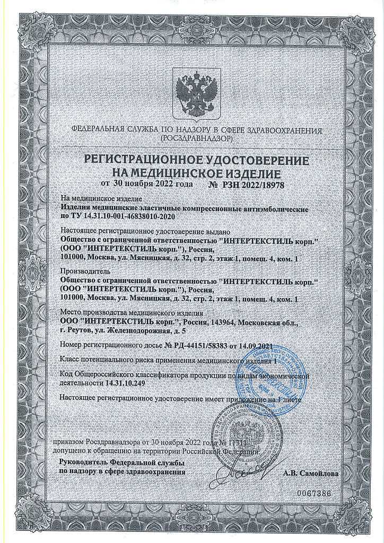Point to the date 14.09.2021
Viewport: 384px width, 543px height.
click(x=256, y=345)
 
